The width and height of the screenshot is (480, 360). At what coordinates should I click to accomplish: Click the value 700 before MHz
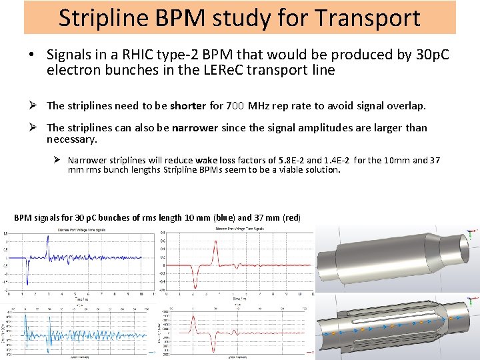pyautogui.click(x=235, y=105)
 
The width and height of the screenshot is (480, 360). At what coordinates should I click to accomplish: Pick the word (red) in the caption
pyautogui.click(x=292, y=217)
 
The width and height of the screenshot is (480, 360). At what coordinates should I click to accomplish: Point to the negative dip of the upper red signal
pyautogui.click(x=193, y=280)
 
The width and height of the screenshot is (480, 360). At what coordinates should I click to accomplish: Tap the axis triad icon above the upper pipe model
pyautogui.click(x=473, y=234)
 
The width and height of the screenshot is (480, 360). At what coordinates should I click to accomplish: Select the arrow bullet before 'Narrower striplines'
pyautogui.click(x=58, y=161)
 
